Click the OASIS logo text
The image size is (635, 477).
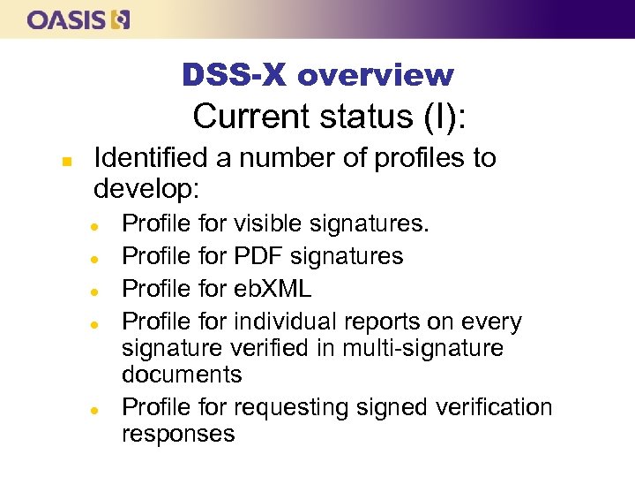[65, 19]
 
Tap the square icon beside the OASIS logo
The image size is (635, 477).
[121, 19]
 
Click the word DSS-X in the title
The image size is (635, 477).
[235, 76]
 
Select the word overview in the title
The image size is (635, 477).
[376, 76]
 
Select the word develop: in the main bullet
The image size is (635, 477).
[147, 189]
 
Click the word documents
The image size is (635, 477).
[182, 375]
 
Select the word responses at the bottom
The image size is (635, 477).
[179, 434]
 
